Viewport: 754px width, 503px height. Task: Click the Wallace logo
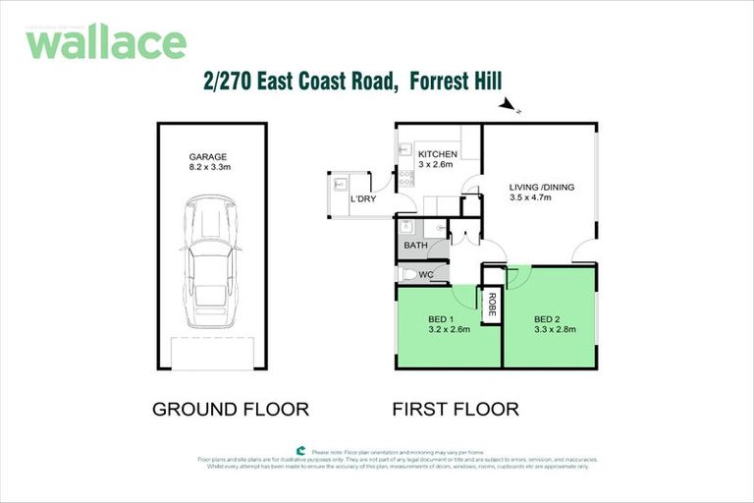tap(105, 42)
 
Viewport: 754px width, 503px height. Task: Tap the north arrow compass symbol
tap(508, 105)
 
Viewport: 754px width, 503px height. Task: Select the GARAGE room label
tap(208, 156)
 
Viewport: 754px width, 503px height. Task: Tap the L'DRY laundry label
tap(363, 199)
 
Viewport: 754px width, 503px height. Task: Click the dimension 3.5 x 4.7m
tap(530, 197)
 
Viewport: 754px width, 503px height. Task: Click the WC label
tap(425, 274)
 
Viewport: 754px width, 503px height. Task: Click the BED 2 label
tap(547, 319)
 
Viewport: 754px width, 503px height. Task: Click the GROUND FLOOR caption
tap(231, 409)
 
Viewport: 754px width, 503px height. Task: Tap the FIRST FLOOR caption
tap(456, 409)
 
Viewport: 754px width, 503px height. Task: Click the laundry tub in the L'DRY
tap(340, 184)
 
